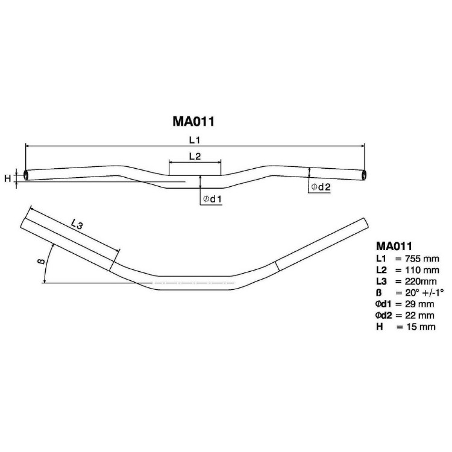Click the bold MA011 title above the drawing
click(193, 121)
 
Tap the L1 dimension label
click(195, 140)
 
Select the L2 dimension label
click(195, 156)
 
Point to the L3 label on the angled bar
click(77, 224)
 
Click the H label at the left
click(7, 178)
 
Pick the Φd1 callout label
click(212, 199)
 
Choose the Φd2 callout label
click(321, 187)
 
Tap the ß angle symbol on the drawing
click(41, 261)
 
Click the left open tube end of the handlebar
click(27, 175)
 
